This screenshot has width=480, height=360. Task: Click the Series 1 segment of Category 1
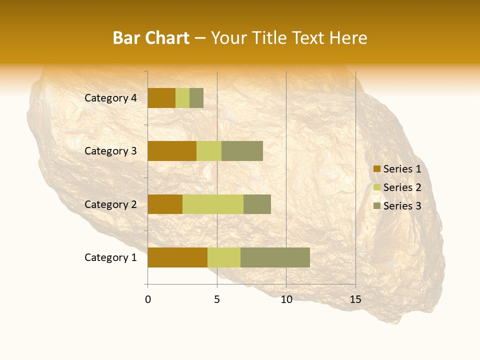pyautogui.click(x=177, y=257)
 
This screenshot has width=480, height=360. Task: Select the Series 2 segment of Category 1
pyautogui.click(x=224, y=257)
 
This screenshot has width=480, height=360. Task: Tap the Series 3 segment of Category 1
pyautogui.click(x=275, y=257)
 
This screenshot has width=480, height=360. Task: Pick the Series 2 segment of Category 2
pyautogui.click(x=213, y=204)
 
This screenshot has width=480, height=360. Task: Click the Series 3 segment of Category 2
pyautogui.click(x=257, y=204)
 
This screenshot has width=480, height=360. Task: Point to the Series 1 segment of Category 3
pyautogui.click(x=172, y=151)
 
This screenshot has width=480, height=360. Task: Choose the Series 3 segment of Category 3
pyautogui.click(x=242, y=151)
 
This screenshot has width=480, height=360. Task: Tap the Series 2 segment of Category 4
pyautogui.click(x=182, y=98)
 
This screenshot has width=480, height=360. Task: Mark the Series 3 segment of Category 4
pyautogui.click(x=196, y=98)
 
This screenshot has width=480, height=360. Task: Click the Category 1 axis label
pyautogui.click(x=110, y=257)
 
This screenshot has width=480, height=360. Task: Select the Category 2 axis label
pyautogui.click(x=110, y=204)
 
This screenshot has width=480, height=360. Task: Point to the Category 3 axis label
pyautogui.click(x=110, y=151)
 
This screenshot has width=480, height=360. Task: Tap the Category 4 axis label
pyautogui.click(x=110, y=98)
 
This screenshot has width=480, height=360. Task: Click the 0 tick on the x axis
pyautogui.click(x=148, y=299)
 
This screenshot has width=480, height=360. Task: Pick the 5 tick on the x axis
pyautogui.click(x=217, y=299)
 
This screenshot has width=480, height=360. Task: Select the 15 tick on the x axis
pyautogui.click(x=355, y=299)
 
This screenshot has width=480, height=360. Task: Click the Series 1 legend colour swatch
pyautogui.click(x=376, y=169)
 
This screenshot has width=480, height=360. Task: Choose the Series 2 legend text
pyautogui.click(x=402, y=187)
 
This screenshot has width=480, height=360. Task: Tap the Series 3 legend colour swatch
pyautogui.click(x=376, y=206)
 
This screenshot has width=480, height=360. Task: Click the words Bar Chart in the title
pyautogui.click(x=151, y=38)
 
